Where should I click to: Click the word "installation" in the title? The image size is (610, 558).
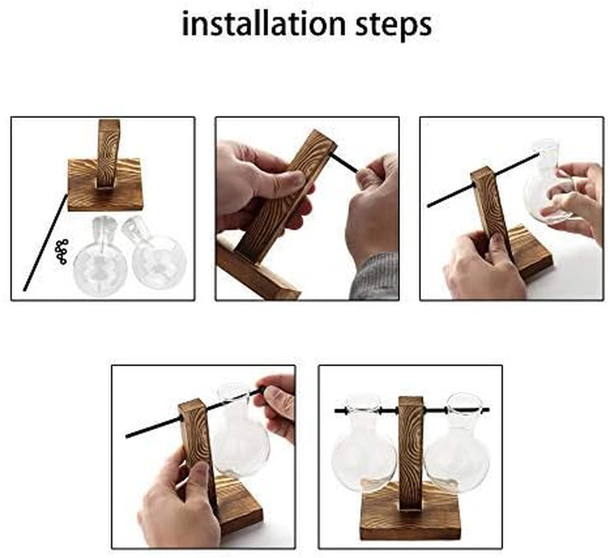tap(264, 24)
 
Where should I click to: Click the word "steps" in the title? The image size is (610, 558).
tap(394, 26)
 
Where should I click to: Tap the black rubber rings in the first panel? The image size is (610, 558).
tap(61, 252)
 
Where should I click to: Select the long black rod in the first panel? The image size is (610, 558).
tap(45, 242)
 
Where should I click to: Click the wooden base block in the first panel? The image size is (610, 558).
tap(105, 185)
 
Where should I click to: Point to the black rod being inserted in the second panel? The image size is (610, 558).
tap(343, 163)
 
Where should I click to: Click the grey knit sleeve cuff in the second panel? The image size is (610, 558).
tap(374, 277)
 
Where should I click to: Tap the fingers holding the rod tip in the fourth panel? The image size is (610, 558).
tap(276, 407)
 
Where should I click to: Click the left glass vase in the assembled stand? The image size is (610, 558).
tap(364, 445)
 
